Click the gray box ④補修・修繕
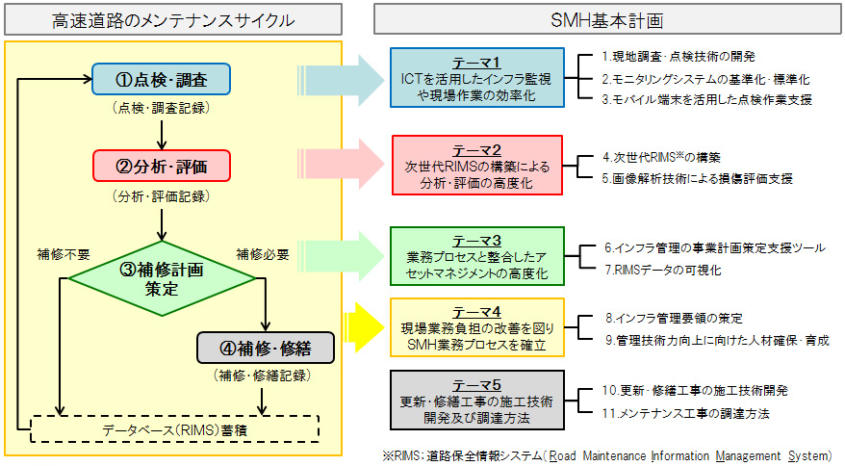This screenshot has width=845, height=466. coord(265,346)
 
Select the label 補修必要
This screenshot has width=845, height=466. coord(262,254)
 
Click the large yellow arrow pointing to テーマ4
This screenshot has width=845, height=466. coord(364,324)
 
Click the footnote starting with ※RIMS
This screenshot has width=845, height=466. coord(606,455)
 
